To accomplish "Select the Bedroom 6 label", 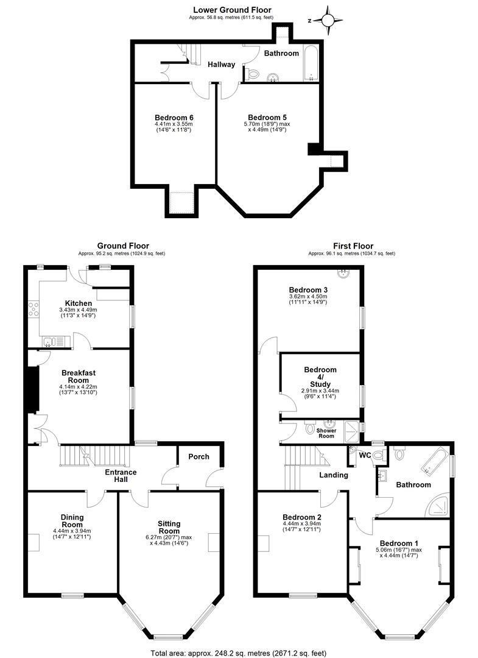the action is [x=174, y=118].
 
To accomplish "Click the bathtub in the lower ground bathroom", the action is [x=311, y=63].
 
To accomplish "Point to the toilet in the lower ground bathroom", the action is [x=252, y=74].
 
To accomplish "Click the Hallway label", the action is [x=222, y=64].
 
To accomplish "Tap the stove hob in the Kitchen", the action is [x=33, y=310].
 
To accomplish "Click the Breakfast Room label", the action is [x=79, y=377].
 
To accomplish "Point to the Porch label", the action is [x=199, y=456].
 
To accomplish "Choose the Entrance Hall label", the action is [x=121, y=475].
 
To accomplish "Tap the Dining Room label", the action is [x=72, y=521].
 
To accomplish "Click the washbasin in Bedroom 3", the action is [x=345, y=274].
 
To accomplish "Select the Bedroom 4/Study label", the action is [x=320, y=377].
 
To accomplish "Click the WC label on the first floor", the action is [x=365, y=455].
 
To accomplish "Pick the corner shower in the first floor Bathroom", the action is [x=438, y=505].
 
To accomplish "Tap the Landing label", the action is [x=334, y=475].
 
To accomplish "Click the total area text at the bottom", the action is [x=238, y=653].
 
